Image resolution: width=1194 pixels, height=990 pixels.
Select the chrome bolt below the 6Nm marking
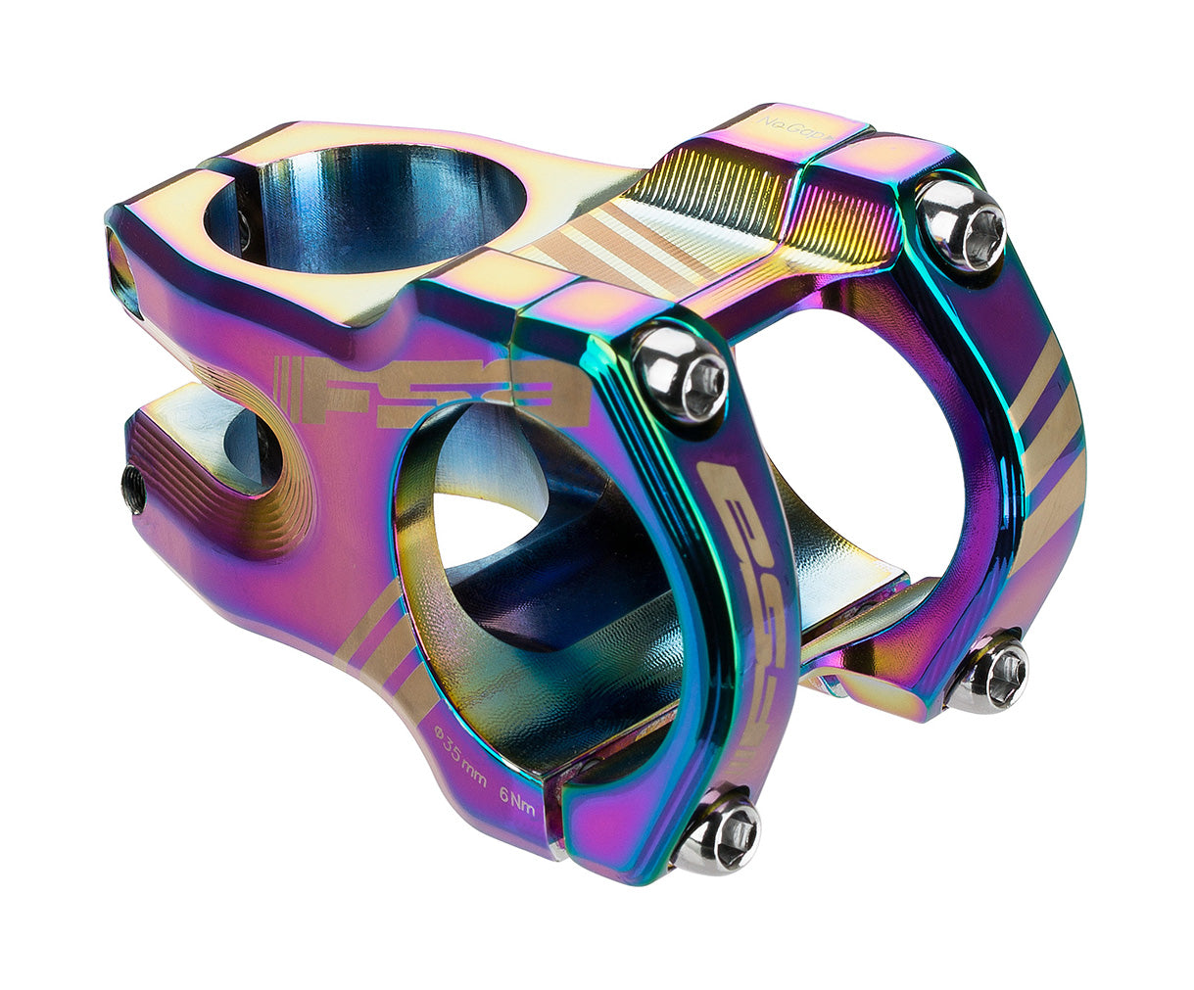click(x=720, y=831)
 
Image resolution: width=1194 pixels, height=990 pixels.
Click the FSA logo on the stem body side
click(x=431, y=391)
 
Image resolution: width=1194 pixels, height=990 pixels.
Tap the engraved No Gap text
click(x=788, y=125)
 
